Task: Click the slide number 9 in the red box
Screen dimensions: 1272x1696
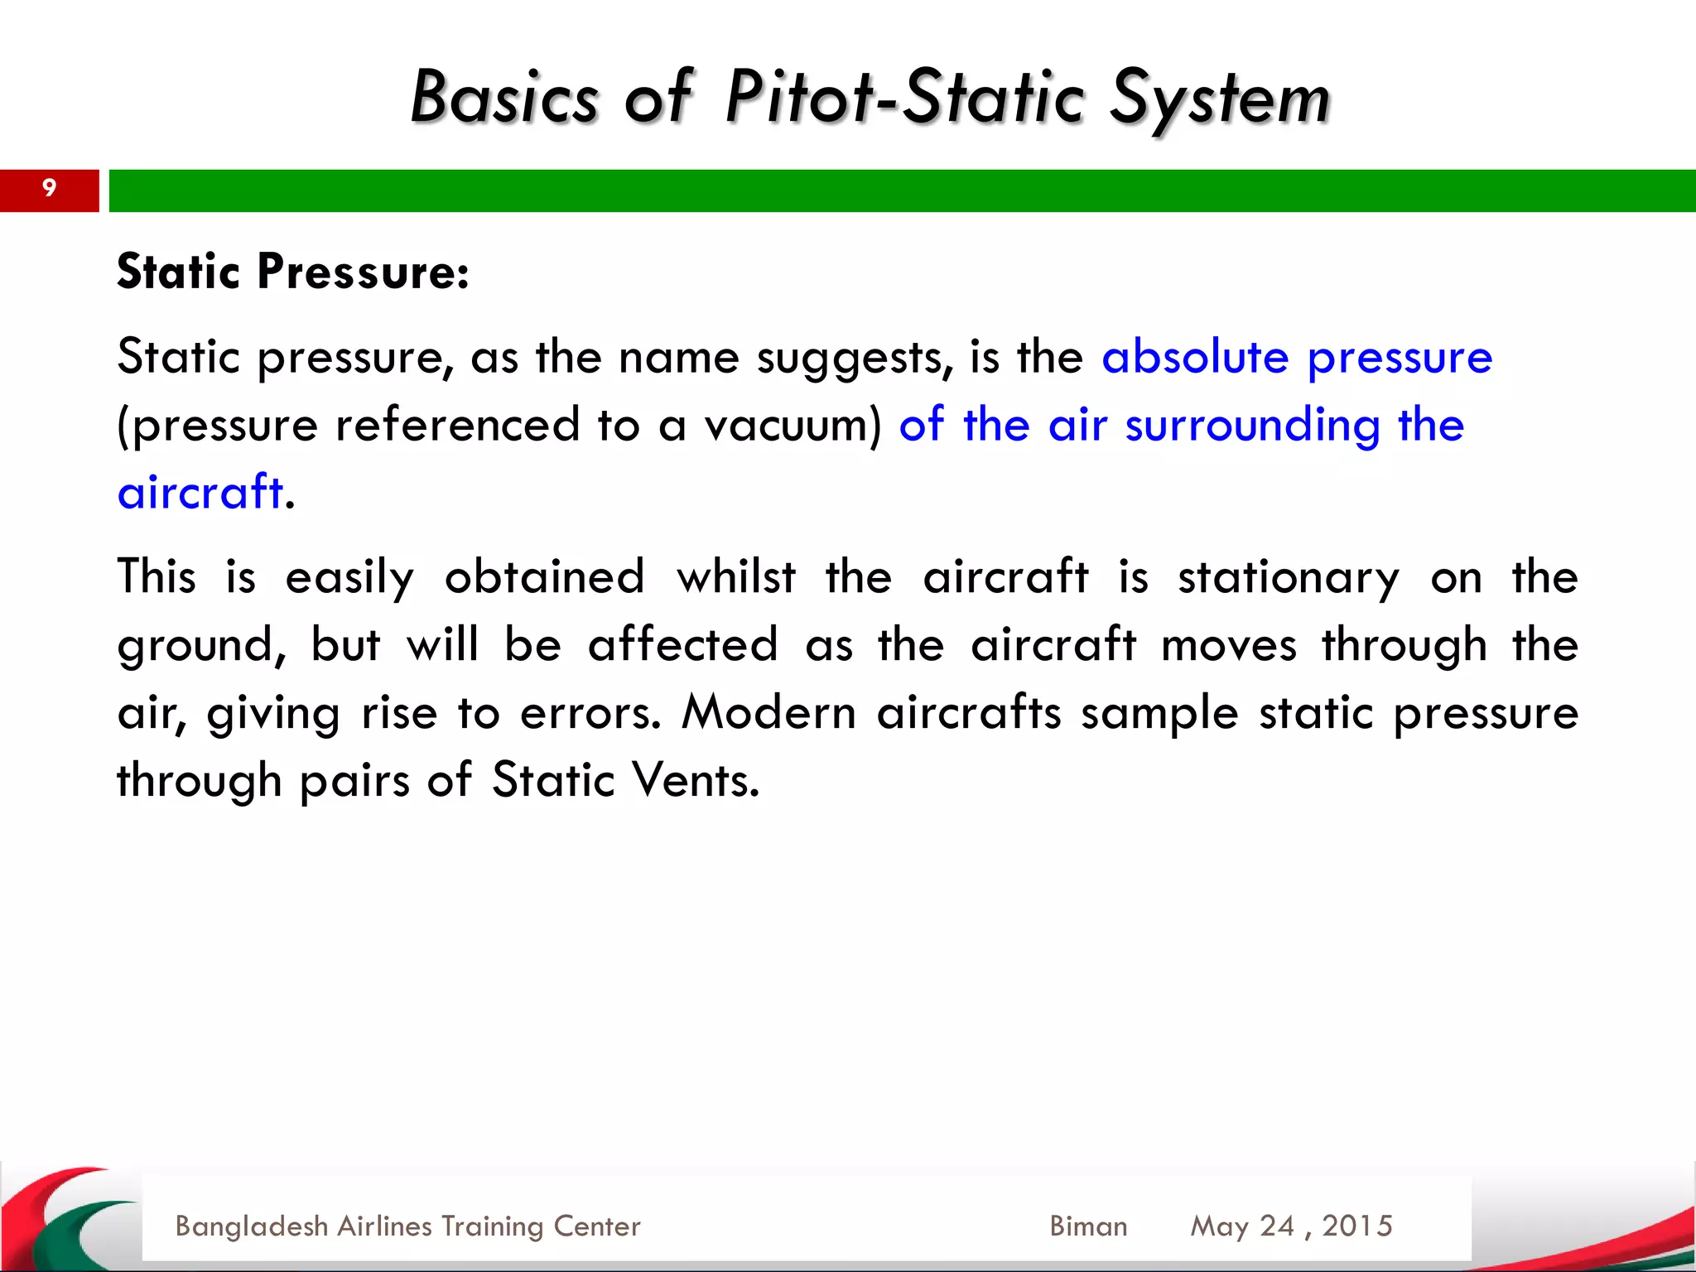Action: pyautogui.click(x=49, y=189)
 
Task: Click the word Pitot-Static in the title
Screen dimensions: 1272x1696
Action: pyautogui.click(x=904, y=98)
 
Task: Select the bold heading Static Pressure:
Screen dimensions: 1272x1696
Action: pyautogui.click(x=292, y=272)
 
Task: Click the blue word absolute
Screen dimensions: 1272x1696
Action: pyautogui.click(x=1194, y=357)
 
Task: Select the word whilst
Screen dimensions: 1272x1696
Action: pyautogui.click(x=736, y=576)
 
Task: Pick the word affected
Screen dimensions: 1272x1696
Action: pyautogui.click(x=682, y=644)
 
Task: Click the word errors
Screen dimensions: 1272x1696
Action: pyautogui.click(x=589, y=713)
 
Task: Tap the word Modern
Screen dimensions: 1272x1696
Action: pyautogui.click(x=768, y=712)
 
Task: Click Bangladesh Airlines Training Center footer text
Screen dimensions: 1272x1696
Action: pyautogui.click(x=407, y=1226)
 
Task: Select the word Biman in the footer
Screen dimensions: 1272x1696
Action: pyautogui.click(x=1087, y=1226)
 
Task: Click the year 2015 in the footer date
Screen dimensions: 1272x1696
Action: pyautogui.click(x=1356, y=1226)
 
